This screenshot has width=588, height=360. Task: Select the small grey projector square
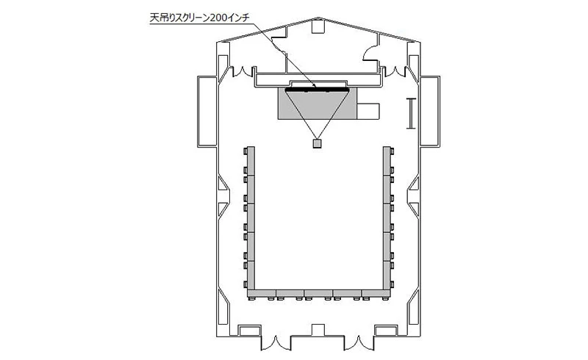tap(318, 144)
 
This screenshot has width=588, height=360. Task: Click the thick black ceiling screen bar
tap(318, 89)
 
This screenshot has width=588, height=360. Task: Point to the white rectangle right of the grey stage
tap(368, 112)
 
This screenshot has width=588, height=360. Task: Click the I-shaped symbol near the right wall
tap(412, 114)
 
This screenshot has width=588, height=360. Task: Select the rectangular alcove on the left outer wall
tap(207, 112)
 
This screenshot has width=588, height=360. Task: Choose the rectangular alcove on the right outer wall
tap(430, 112)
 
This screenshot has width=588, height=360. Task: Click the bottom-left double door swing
tap(276, 343)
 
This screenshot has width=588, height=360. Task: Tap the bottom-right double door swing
tap(359, 343)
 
